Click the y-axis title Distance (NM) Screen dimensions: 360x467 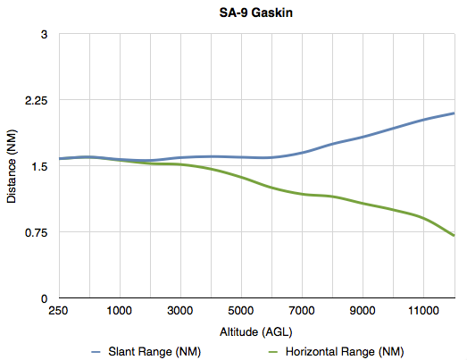pyautogui.click(x=12, y=165)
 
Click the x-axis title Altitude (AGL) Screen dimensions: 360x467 pyautogui.click(x=256, y=331)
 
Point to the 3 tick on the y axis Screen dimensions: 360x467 pyautogui.click(x=43, y=35)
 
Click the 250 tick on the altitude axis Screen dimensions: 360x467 pyautogui.click(x=59, y=312)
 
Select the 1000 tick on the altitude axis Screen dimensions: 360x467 pyautogui.click(x=120, y=312)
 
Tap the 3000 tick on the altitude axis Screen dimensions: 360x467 pyautogui.click(x=181, y=312)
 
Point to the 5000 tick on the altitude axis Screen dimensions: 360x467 pyautogui.click(x=242, y=312)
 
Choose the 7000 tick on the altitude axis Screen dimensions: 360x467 pyautogui.click(x=303, y=312)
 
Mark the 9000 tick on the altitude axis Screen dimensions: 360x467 pyautogui.click(x=363, y=312)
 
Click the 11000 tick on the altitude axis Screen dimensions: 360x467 pyautogui.click(x=424, y=312)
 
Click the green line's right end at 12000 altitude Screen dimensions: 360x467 pyautogui.click(x=454, y=235)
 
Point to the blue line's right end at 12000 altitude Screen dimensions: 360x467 pyautogui.click(x=454, y=113)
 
